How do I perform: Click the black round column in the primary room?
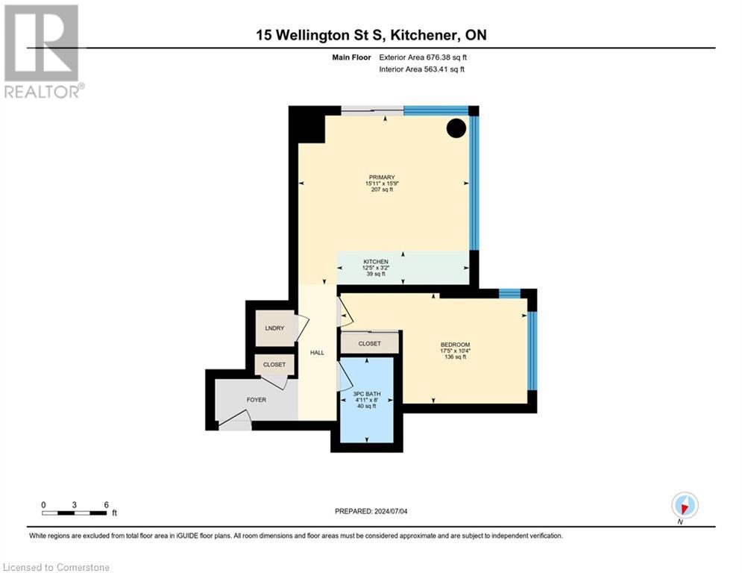coord(456,128)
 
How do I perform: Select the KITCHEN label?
coord(376,262)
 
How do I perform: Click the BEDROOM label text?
coord(455,345)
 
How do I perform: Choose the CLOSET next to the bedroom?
coord(369,344)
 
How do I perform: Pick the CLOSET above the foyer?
coord(274,365)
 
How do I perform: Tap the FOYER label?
coord(256,400)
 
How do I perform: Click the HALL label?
coord(317,352)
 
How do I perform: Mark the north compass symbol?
coord(684,506)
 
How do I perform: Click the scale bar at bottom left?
coord(75,513)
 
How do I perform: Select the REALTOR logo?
coord(42,51)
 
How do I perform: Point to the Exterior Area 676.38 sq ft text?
coord(423,57)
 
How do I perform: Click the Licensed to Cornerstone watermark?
coord(56,567)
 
